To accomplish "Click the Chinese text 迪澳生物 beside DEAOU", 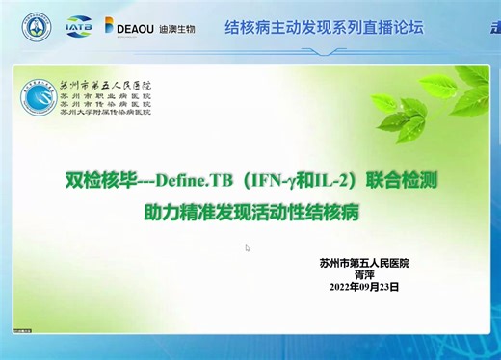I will (178, 29).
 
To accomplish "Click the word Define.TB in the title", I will (184, 178).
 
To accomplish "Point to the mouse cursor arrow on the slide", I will (248, 248).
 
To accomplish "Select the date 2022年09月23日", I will (363, 287).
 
